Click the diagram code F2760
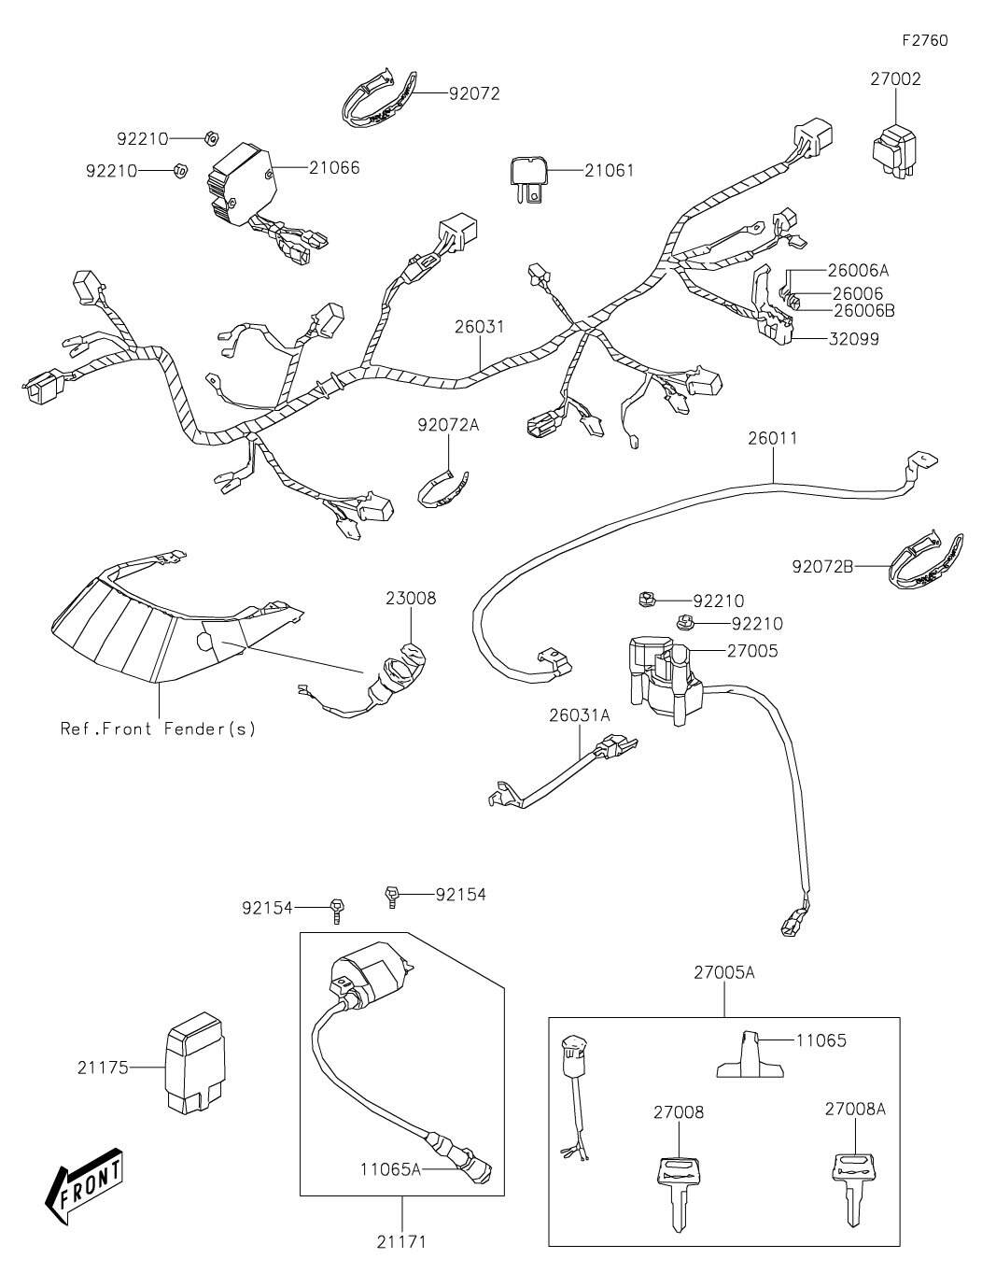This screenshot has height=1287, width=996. click(924, 41)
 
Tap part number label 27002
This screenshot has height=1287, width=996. click(895, 79)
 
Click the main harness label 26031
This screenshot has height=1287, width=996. click(480, 328)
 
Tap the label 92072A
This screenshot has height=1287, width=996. click(448, 425)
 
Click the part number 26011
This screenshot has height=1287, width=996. click(772, 439)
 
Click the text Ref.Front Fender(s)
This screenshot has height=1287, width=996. click(158, 728)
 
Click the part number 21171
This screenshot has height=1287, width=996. click(401, 1241)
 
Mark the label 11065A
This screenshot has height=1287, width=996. click(391, 1167)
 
